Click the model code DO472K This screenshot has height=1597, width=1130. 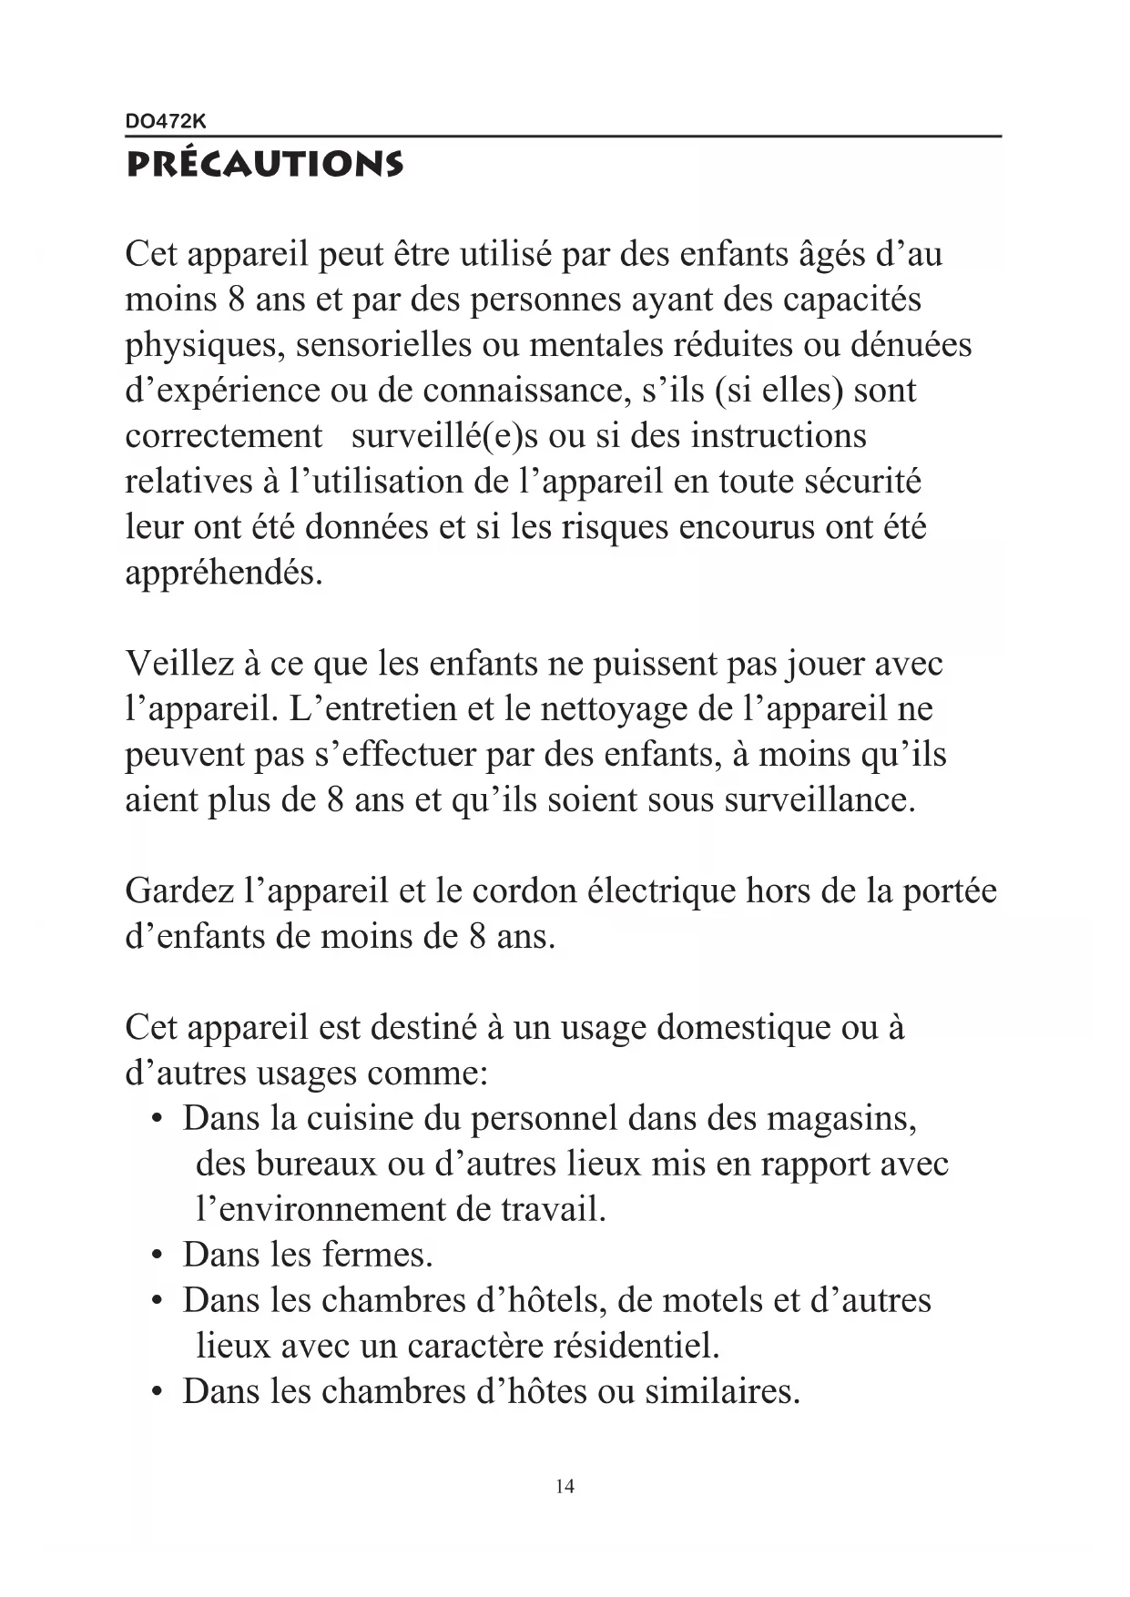point(166,120)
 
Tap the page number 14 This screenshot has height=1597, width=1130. point(565,1487)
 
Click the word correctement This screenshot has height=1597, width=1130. point(224,436)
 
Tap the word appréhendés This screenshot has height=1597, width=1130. point(223,574)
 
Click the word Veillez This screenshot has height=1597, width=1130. point(179,664)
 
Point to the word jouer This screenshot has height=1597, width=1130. point(822,664)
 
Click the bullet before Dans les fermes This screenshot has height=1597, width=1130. point(158,1256)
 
